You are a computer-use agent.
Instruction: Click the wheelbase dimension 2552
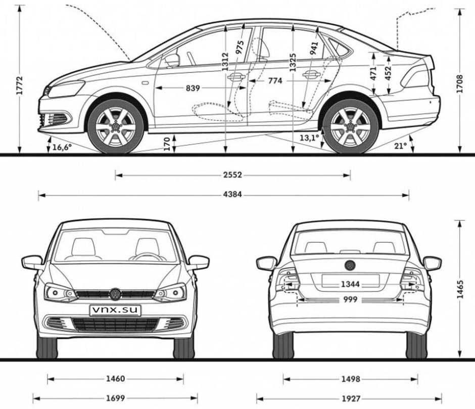(x=232, y=175)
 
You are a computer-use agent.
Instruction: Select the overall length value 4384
(x=232, y=194)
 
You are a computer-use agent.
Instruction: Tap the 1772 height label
(x=19, y=86)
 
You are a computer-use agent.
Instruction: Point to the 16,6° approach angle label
(x=62, y=147)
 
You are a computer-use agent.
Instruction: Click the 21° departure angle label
(x=400, y=146)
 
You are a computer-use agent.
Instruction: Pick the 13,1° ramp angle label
(x=309, y=138)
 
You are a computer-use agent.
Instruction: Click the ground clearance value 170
(x=167, y=144)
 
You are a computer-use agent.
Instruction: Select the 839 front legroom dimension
(x=193, y=88)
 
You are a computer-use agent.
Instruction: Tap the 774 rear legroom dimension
(x=275, y=81)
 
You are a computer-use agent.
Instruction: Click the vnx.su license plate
(x=115, y=310)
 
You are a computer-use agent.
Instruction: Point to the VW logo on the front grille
(x=115, y=294)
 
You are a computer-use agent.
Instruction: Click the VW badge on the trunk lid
(x=350, y=265)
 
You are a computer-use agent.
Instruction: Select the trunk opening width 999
(x=350, y=300)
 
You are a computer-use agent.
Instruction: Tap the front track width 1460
(x=115, y=379)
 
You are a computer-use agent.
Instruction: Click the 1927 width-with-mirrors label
(x=351, y=398)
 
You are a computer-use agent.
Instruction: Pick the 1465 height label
(x=460, y=290)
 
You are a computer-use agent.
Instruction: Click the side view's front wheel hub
(x=115, y=126)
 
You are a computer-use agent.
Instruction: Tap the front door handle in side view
(x=236, y=77)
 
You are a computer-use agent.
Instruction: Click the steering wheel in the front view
(x=148, y=257)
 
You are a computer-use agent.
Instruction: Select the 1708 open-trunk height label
(x=460, y=84)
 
